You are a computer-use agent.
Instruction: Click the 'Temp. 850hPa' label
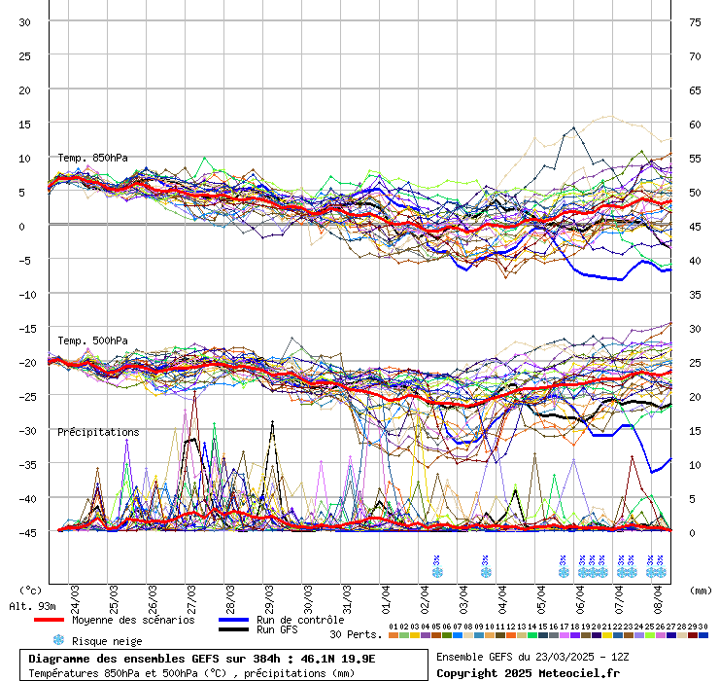click(x=92, y=158)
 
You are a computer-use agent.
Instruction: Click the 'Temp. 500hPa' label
click(x=92, y=340)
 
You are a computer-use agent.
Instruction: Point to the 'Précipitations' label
click(x=98, y=432)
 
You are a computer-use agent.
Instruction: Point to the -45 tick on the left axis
click(x=25, y=532)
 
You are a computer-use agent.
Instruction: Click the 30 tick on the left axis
click(x=25, y=21)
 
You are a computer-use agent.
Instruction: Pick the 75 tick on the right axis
click(x=696, y=21)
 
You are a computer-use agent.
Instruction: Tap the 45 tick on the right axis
click(x=696, y=226)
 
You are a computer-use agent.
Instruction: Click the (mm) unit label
click(x=700, y=591)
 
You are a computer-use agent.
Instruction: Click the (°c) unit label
click(x=30, y=591)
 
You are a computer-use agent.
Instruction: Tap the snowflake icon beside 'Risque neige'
click(x=58, y=640)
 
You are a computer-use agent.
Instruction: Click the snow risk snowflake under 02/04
click(x=437, y=572)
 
